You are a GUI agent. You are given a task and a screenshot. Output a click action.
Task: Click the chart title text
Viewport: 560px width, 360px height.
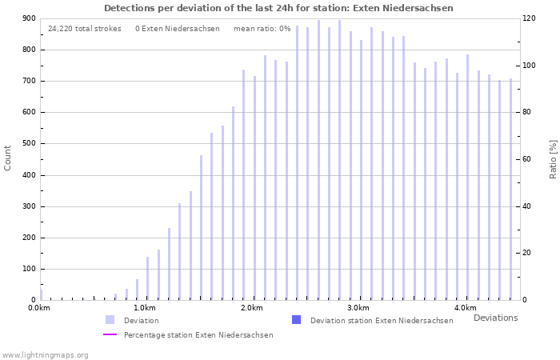click(x=278, y=8)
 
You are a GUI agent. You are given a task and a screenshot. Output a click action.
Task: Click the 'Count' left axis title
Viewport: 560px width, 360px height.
click(x=8, y=158)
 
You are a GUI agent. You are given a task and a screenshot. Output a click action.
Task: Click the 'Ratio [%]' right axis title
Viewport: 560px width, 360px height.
click(x=553, y=158)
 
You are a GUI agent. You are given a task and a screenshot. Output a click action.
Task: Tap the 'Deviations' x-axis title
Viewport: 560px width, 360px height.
click(x=495, y=318)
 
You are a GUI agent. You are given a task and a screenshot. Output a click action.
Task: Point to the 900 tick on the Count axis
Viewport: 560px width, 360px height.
click(x=29, y=18)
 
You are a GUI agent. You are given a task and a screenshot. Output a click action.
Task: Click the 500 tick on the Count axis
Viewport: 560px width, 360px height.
click(x=29, y=144)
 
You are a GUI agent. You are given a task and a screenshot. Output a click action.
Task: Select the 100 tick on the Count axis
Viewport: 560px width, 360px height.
click(x=29, y=269)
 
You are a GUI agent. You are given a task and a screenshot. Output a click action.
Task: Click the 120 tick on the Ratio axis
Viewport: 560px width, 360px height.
click(x=529, y=18)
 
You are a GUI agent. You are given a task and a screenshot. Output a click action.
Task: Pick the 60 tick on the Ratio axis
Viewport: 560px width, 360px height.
click(x=529, y=159)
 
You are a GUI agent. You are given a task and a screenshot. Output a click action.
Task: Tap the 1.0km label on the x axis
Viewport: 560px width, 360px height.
click(x=145, y=308)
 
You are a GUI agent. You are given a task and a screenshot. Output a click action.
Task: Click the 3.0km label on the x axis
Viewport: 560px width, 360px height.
click(x=358, y=308)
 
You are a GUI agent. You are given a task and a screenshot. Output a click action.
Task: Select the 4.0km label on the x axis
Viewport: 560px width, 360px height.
click(x=465, y=308)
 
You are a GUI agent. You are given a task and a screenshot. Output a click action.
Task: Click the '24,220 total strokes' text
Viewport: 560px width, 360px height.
click(x=85, y=29)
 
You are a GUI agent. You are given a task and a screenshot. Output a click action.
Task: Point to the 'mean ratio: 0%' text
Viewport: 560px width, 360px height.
click(x=262, y=29)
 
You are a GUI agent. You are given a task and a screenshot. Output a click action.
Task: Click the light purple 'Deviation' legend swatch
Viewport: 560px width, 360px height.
click(x=110, y=320)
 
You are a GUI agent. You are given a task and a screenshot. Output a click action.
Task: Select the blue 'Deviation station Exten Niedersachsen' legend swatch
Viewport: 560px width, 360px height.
click(x=297, y=320)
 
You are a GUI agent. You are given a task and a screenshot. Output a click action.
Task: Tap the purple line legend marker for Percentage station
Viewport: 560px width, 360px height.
click(x=110, y=334)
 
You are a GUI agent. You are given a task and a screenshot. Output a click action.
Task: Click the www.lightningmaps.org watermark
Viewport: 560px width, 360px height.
click(x=46, y=354)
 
